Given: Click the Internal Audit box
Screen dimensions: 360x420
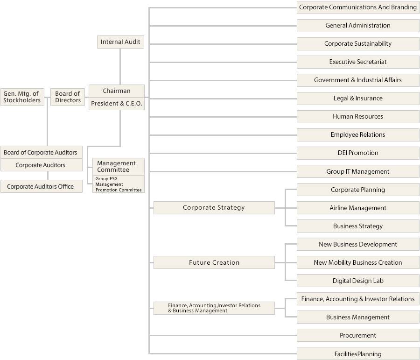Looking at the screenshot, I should click(x=120, y=42).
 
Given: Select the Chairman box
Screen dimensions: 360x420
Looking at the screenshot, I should click(x=116, y=91).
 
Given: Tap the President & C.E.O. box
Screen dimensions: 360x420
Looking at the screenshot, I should click(x=116, y=104).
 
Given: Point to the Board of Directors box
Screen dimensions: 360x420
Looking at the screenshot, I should click(x=68, y=97).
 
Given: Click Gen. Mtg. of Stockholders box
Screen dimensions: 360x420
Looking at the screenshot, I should click(x=22, y=97).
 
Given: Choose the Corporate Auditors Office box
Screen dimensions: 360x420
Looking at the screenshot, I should click(x=41, y=186).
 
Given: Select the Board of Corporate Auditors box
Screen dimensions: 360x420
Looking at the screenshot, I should click(x=41, y=152).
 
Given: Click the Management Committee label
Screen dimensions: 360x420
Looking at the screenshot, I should click(x=116, y=166).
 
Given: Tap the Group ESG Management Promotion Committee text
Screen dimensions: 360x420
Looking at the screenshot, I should click(x=118, y=184).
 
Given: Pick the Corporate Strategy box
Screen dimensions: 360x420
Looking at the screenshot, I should click(x=214, y=208).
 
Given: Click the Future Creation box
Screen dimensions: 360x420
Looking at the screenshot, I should click(x=214, y=262).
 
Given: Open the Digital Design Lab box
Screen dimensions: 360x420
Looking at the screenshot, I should click(x=358, y=281).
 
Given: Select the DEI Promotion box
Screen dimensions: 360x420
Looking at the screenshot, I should click(x=358, y=153).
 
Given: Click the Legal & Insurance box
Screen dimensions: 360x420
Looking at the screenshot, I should click(x=358, y=98).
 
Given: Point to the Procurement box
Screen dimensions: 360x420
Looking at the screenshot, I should click(x=358, y=335).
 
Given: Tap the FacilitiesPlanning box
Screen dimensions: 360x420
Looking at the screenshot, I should click(x=358, y=353).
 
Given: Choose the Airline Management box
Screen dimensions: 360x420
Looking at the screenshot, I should click(x=358, y=208).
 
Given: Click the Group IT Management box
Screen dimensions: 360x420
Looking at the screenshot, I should click(x=358, y=171).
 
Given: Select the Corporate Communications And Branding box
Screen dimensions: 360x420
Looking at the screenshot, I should click(x=358, y=7).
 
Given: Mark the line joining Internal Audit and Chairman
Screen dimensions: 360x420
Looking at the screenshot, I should click(x=120, y=66).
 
